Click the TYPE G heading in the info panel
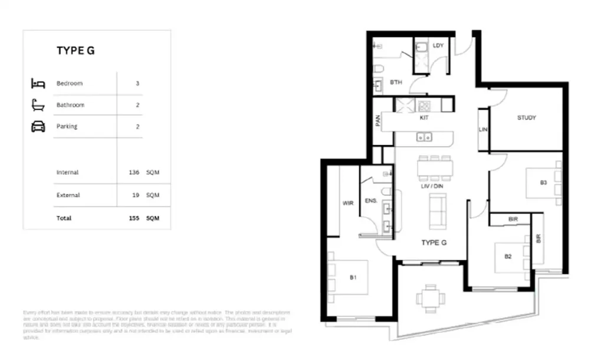(x=75, y=51)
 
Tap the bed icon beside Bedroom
(x=38, y=83)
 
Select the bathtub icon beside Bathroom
(x=38, y=104)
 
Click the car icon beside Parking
(x=38, y=126)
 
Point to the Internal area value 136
(x=134, y=172)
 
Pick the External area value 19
(x=136, y=195)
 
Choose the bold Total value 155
(x=133, y=218)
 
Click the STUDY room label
(x=526, y=118)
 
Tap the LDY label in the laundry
(x=438, y=46)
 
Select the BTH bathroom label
(x=396, y=83)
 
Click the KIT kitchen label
(x=424, y=118)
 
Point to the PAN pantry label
(x=378, y=120)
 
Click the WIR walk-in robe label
(x=347, y=203)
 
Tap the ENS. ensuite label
(x=371, y=201)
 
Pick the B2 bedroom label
(x=507, y=257)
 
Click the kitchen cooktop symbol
(x=425, y=106)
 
